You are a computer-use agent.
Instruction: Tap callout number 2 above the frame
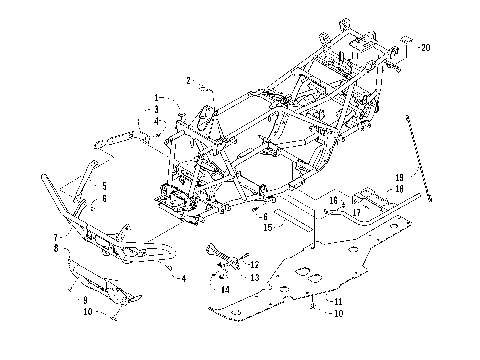pos(187,79)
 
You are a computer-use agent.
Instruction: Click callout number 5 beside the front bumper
pos(102,186)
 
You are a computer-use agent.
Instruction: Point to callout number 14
pos(225,289)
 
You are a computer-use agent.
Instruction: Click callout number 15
pos(268,227)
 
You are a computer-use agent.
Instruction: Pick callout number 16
pos(333,200)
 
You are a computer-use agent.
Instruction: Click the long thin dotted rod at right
pos(418,160)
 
